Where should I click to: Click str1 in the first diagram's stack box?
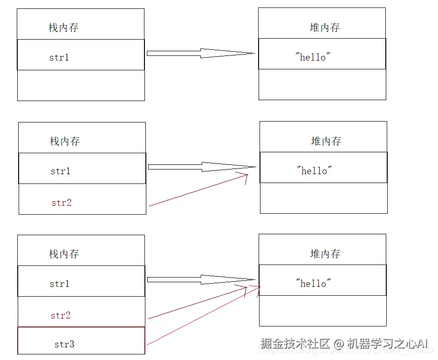[x=59, y=58]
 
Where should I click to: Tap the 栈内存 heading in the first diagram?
[x=63, y=27]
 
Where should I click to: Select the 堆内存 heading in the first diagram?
[x=325, y=27]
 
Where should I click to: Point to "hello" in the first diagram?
[x=313, y=57]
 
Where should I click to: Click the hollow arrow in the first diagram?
[x=200, y=53]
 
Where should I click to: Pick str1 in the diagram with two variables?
[x=61, y=171]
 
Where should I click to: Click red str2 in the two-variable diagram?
[x=62, y=203]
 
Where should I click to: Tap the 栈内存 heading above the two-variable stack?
[x=65, y=141]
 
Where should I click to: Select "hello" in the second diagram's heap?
[x=315, y=171]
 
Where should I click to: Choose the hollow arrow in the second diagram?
[x=202, y=167]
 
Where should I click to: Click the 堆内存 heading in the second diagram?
[x=326, y=141]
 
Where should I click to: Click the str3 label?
[x=64, y=345]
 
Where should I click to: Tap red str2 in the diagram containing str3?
[x=61, y=315]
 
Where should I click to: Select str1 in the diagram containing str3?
[x=60, y=284]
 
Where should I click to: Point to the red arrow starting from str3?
[x=203, y=316]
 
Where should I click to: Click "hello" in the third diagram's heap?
[x=314, y=283]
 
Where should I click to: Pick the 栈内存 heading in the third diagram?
[x=64, y=254]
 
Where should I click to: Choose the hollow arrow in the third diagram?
[x=201, y=279]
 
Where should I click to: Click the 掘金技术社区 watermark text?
[x=295, y=344]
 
